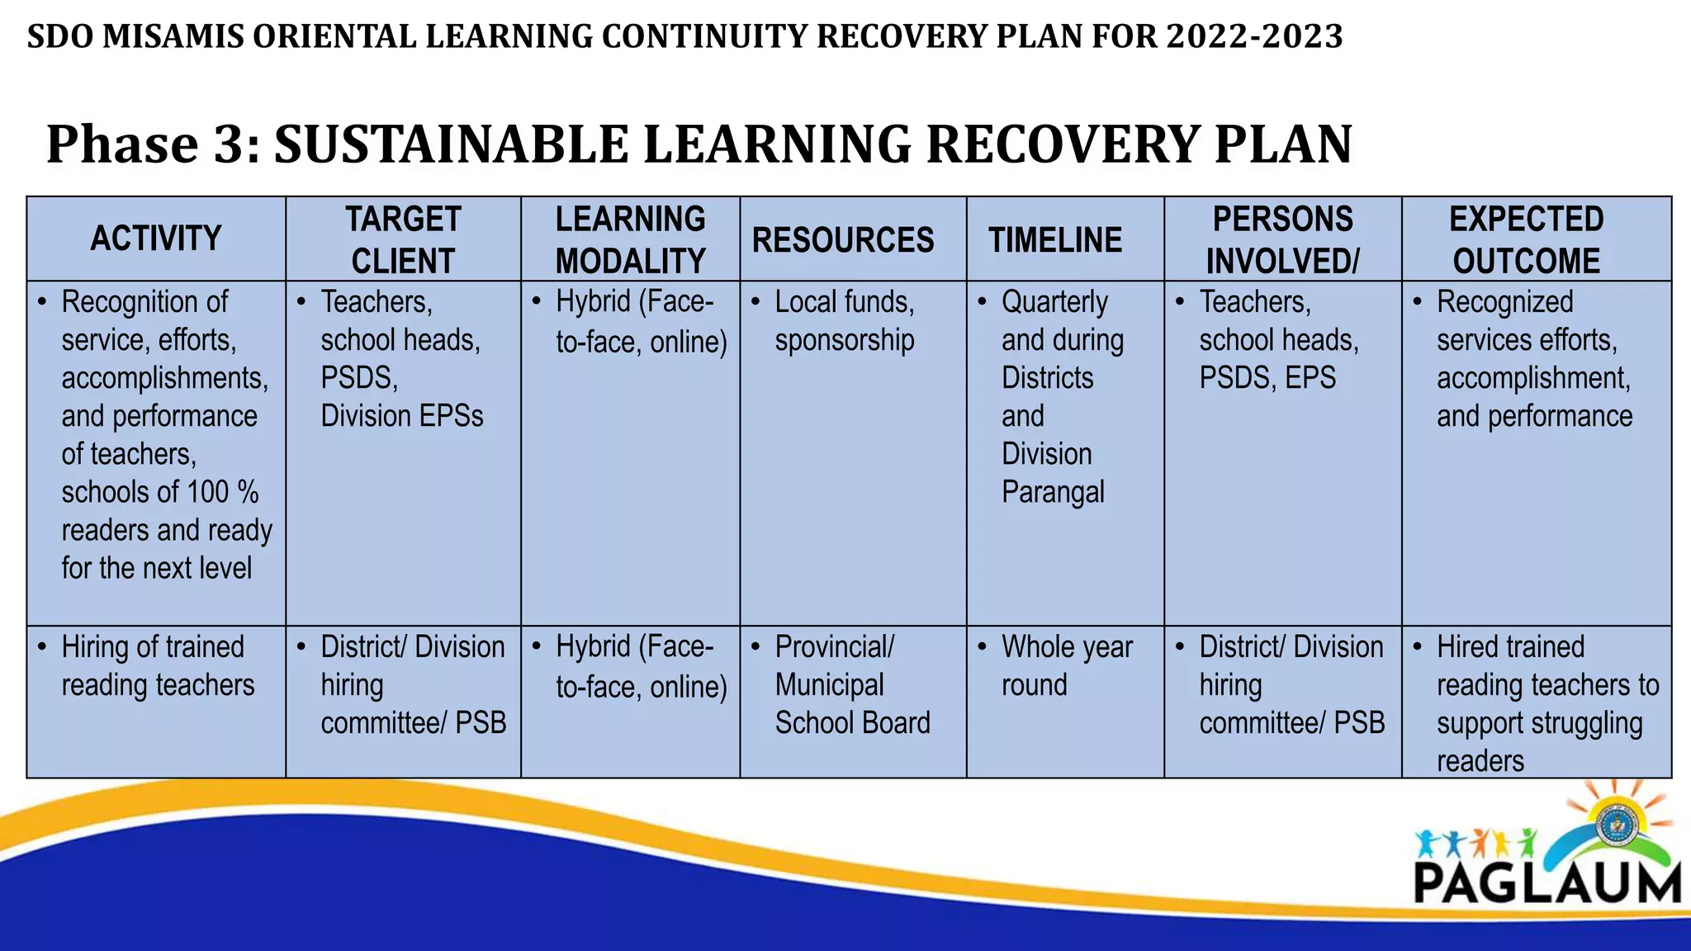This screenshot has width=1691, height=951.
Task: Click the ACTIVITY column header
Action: pos(156,239)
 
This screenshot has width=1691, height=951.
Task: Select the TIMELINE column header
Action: pos(1055,240)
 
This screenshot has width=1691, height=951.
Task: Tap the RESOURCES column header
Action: pos(843,240)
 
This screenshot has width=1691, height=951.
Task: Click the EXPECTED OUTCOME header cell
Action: pos(1526,239)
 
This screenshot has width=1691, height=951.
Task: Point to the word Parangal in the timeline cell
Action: pos(1053,492)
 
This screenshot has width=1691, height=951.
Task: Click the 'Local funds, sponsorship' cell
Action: pos(844,321)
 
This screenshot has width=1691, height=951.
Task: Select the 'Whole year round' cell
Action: pos(1066,666)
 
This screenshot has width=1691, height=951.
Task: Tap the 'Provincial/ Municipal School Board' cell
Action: pos(851,685)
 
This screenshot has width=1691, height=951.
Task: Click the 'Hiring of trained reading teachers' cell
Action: pos(157,666)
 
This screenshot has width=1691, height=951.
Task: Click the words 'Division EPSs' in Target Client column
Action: pos(402,416)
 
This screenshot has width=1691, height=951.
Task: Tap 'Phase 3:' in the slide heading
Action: pos(154,144)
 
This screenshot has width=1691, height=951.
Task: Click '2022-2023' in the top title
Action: pos(1254,37)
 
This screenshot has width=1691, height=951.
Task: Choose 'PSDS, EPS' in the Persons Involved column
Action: pos(1267,378)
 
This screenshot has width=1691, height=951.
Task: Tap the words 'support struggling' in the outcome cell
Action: pos(1539,723)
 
